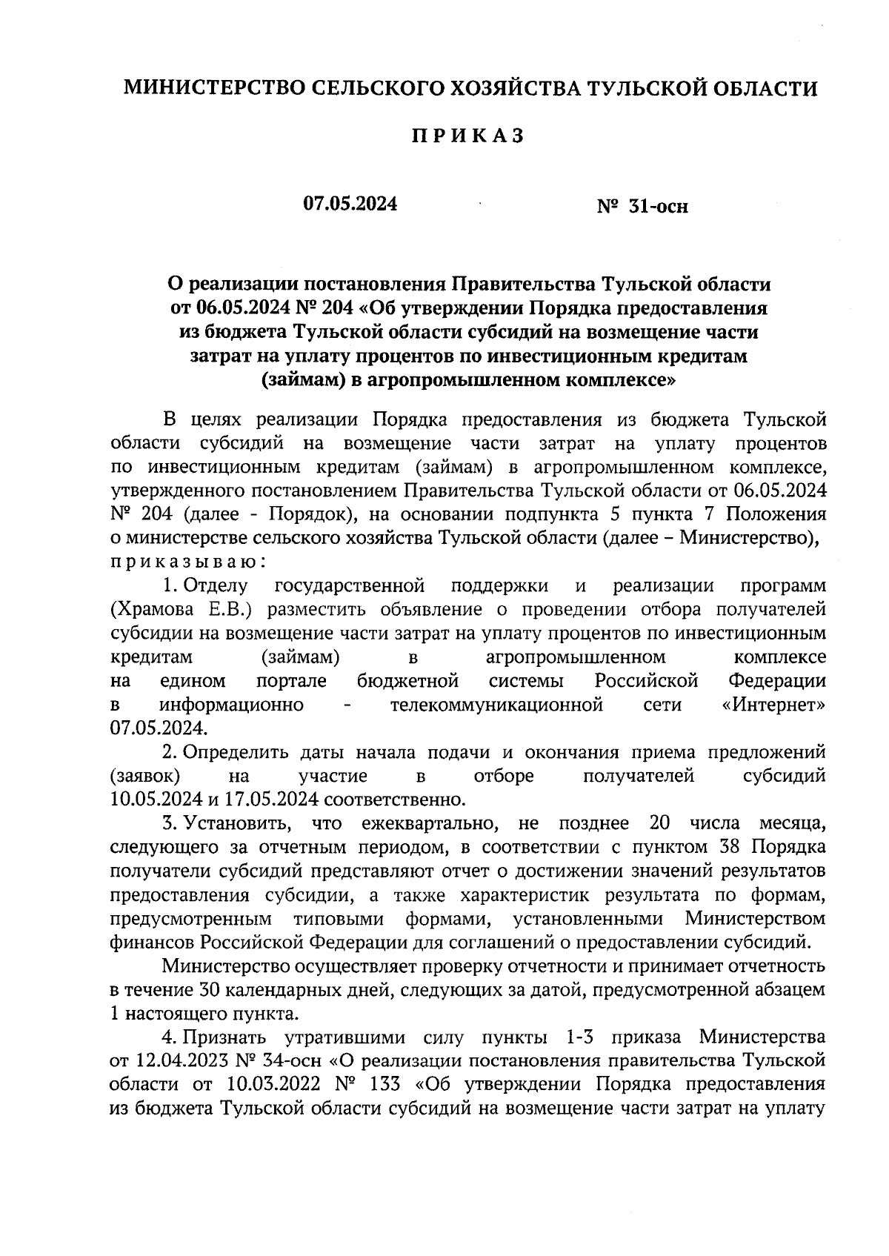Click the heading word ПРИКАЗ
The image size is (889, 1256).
pos(467,136)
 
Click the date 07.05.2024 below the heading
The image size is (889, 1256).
pos(350,204)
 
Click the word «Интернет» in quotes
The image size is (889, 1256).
pos(773,704)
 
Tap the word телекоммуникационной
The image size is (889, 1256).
pos(496,704)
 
